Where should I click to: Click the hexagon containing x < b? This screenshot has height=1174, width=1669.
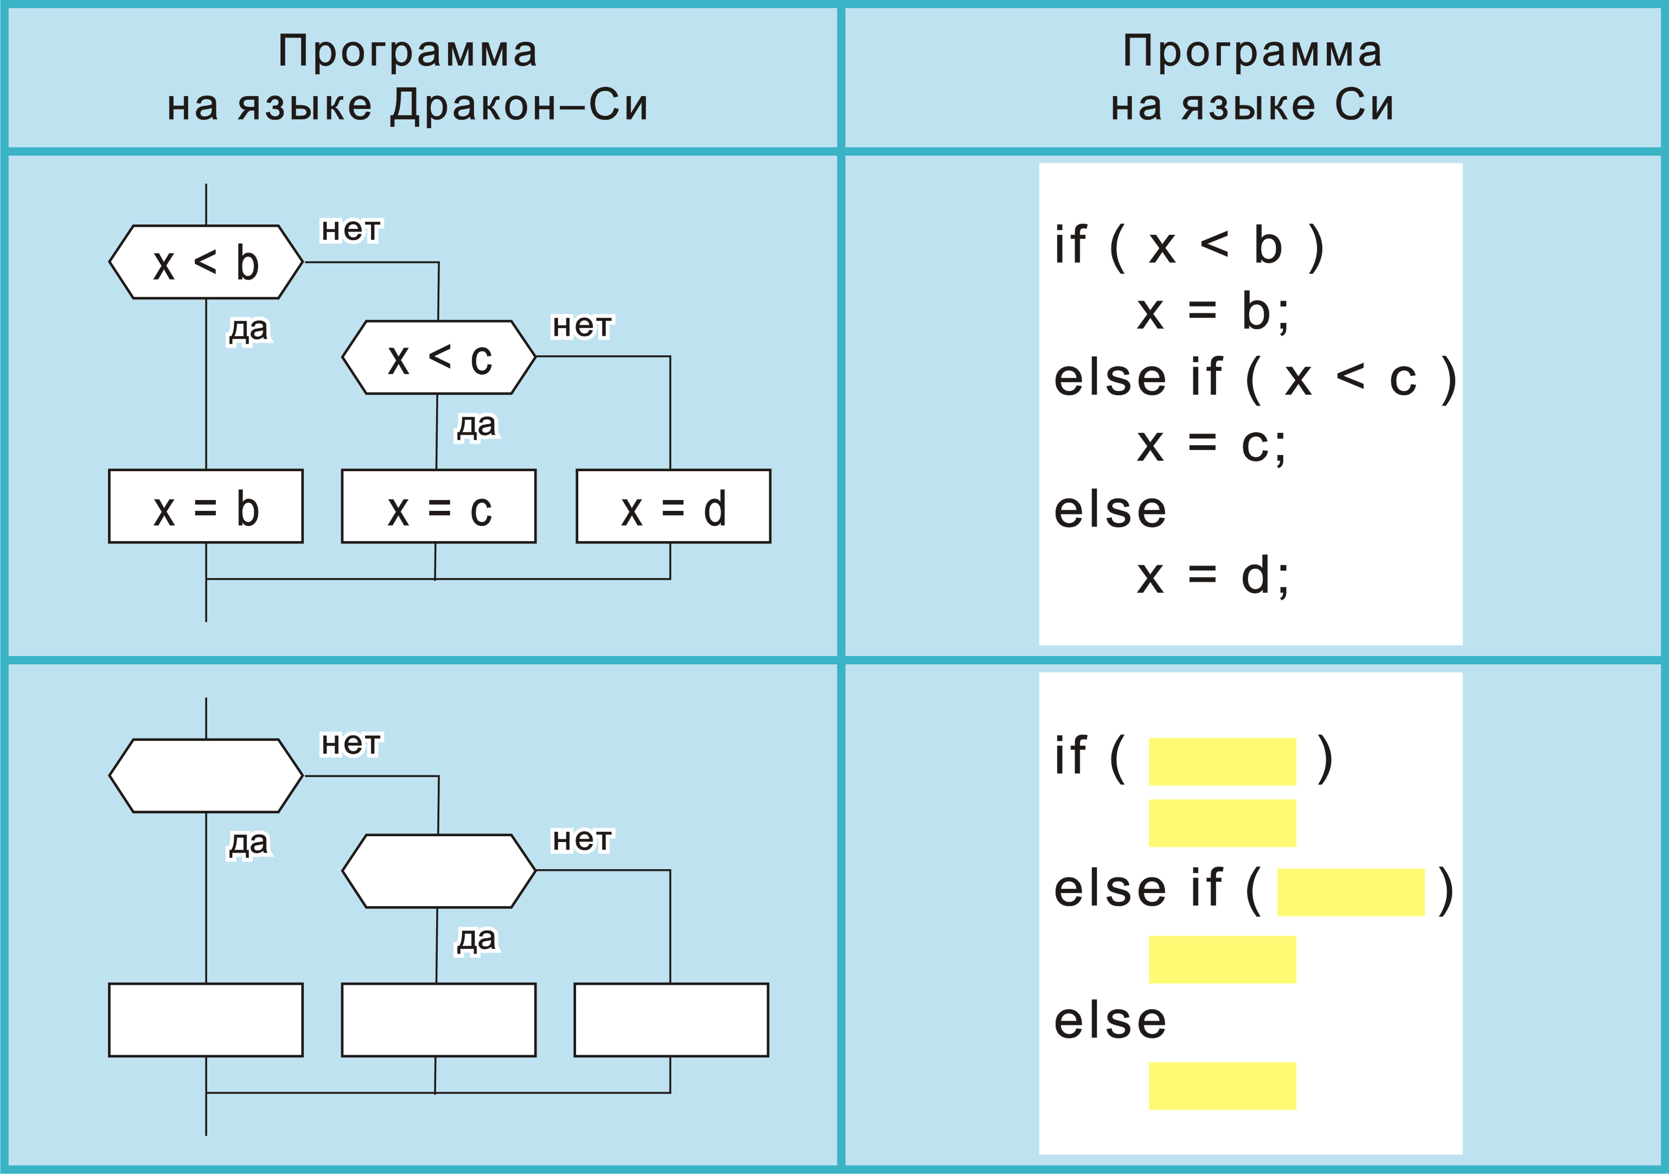tap(206, 262)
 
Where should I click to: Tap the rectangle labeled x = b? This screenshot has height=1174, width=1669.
tap(206, 506)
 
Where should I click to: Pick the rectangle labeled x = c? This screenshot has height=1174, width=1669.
tap(438, 506)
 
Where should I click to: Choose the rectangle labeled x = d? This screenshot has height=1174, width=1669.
tap(673, 506)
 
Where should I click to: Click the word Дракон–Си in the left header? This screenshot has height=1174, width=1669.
tap(519, 105)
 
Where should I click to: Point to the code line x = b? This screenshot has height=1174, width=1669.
tap(1212, 311)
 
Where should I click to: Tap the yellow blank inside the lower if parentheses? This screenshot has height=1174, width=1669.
tap(1222, 761)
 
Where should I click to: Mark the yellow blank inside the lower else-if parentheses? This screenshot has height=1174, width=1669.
tap(1350, 892)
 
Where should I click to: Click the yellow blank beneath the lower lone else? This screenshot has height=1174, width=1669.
tap(1222, 1086)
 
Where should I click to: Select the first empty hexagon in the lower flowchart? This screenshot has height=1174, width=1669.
tap(206, 775)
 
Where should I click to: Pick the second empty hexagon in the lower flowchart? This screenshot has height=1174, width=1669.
tap(438, 871)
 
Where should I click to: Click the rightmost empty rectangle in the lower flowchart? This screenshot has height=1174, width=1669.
tap(671, 1020)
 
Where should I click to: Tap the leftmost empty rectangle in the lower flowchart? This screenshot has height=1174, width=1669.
tap(206, 1020)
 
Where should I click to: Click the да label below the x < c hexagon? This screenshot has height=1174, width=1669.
tap(477, 425)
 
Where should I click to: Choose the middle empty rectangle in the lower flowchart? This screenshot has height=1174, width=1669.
tap(438, 1020)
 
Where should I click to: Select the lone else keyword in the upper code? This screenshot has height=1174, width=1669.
tap(1110, 510)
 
